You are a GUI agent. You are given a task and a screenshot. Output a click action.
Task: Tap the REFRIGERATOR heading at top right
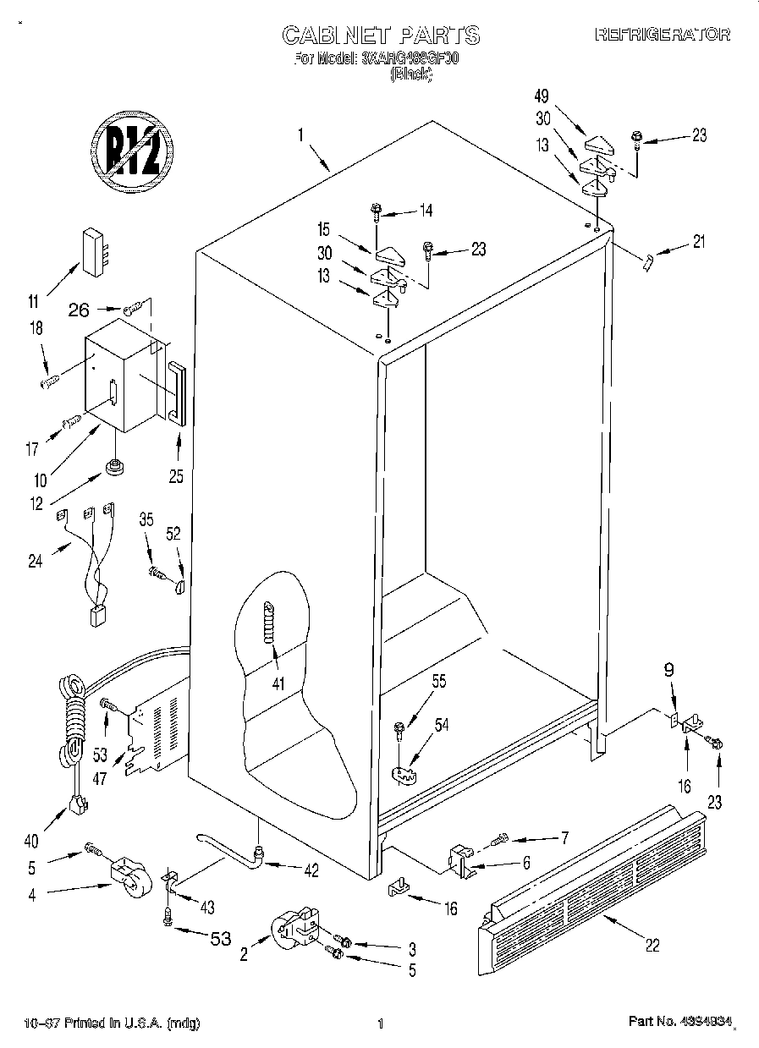[663, 35]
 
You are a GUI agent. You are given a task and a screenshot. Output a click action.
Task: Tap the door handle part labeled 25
[177, 393]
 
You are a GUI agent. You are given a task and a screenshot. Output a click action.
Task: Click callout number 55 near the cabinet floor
[438, 681]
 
